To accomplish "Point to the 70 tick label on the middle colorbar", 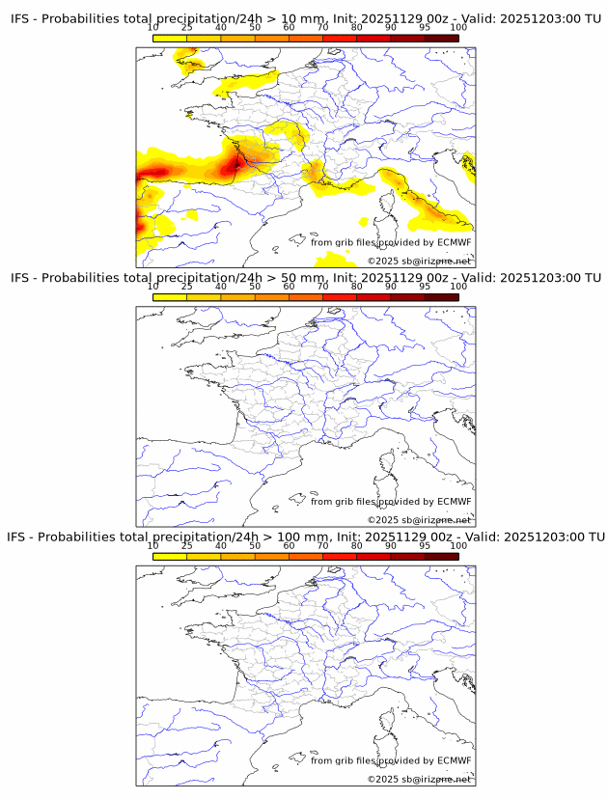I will (x=322, y=287).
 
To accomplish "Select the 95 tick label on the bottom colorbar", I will (x=425, y=545).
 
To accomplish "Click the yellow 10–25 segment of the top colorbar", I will (x=170, y=39).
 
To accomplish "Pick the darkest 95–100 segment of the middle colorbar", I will (x=441, y=297).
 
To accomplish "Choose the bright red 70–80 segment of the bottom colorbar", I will (x=340, y=556).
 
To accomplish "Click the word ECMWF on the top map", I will (x=454, y=242).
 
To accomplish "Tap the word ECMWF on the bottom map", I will (x=454, y=760).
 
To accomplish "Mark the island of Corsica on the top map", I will (x=388, y=207).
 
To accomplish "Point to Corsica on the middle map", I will (x=388, y=466).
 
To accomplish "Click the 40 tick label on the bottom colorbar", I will (x=221, y=545).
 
